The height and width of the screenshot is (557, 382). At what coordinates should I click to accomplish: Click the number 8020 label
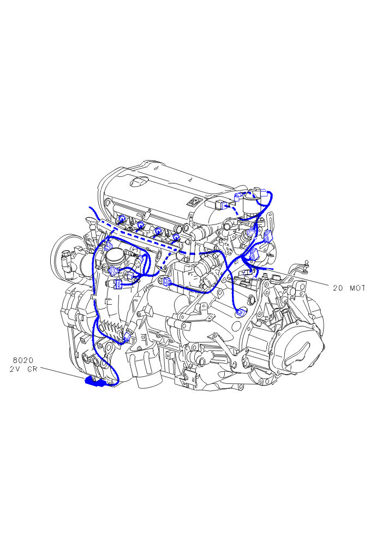(23, 360)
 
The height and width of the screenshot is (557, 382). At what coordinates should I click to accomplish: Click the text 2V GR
(23, 369)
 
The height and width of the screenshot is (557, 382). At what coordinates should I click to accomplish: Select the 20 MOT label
(349, 288)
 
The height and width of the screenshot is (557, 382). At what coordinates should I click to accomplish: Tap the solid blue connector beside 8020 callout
(94, 382)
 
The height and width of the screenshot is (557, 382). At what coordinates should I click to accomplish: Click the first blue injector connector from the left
(122, 219)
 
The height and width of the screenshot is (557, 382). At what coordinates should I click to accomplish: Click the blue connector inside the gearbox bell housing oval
(241, 313)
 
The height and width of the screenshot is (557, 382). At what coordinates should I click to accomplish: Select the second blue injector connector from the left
(140, 225)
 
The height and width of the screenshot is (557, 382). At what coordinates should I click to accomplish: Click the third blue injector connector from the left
(157, 231)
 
